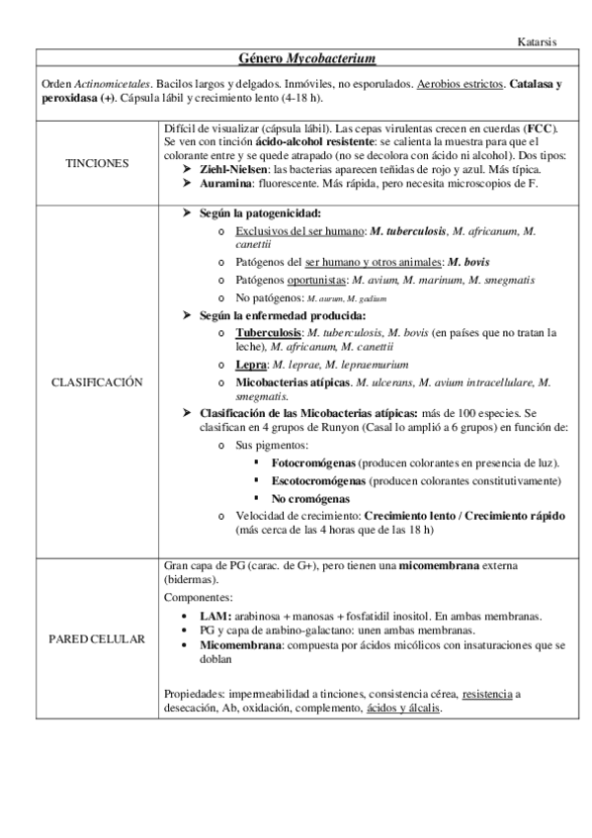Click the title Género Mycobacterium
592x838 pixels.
[x=296, y=60]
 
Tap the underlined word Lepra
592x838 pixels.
[x=251, y=364]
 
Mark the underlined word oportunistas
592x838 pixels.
[x=300, y=280]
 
